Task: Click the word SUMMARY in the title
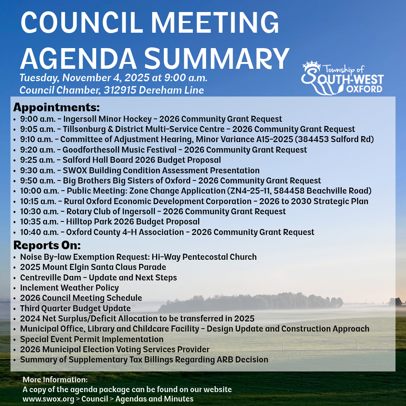click(217, 58)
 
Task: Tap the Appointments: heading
click(56, 107)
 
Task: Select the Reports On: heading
click(47, 245)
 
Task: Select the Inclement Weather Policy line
click(70, 288)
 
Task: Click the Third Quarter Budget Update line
click(75, 309)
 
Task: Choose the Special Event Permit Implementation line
click(92, 339)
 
